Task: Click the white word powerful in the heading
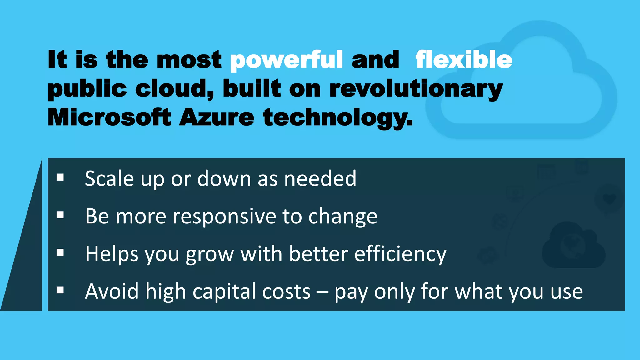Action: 286,60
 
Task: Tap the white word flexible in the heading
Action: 464,60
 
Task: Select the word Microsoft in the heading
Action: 109,117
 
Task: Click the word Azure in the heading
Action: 217,117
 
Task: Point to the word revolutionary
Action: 416,89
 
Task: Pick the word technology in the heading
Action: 337,118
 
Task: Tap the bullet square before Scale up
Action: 60,178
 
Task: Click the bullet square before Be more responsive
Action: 60,215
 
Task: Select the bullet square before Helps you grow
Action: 60,252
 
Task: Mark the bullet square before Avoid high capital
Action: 60,290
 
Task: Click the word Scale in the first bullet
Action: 109,179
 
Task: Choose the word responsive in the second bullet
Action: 225,217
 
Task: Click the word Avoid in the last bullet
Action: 112,291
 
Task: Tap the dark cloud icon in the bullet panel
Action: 573,247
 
